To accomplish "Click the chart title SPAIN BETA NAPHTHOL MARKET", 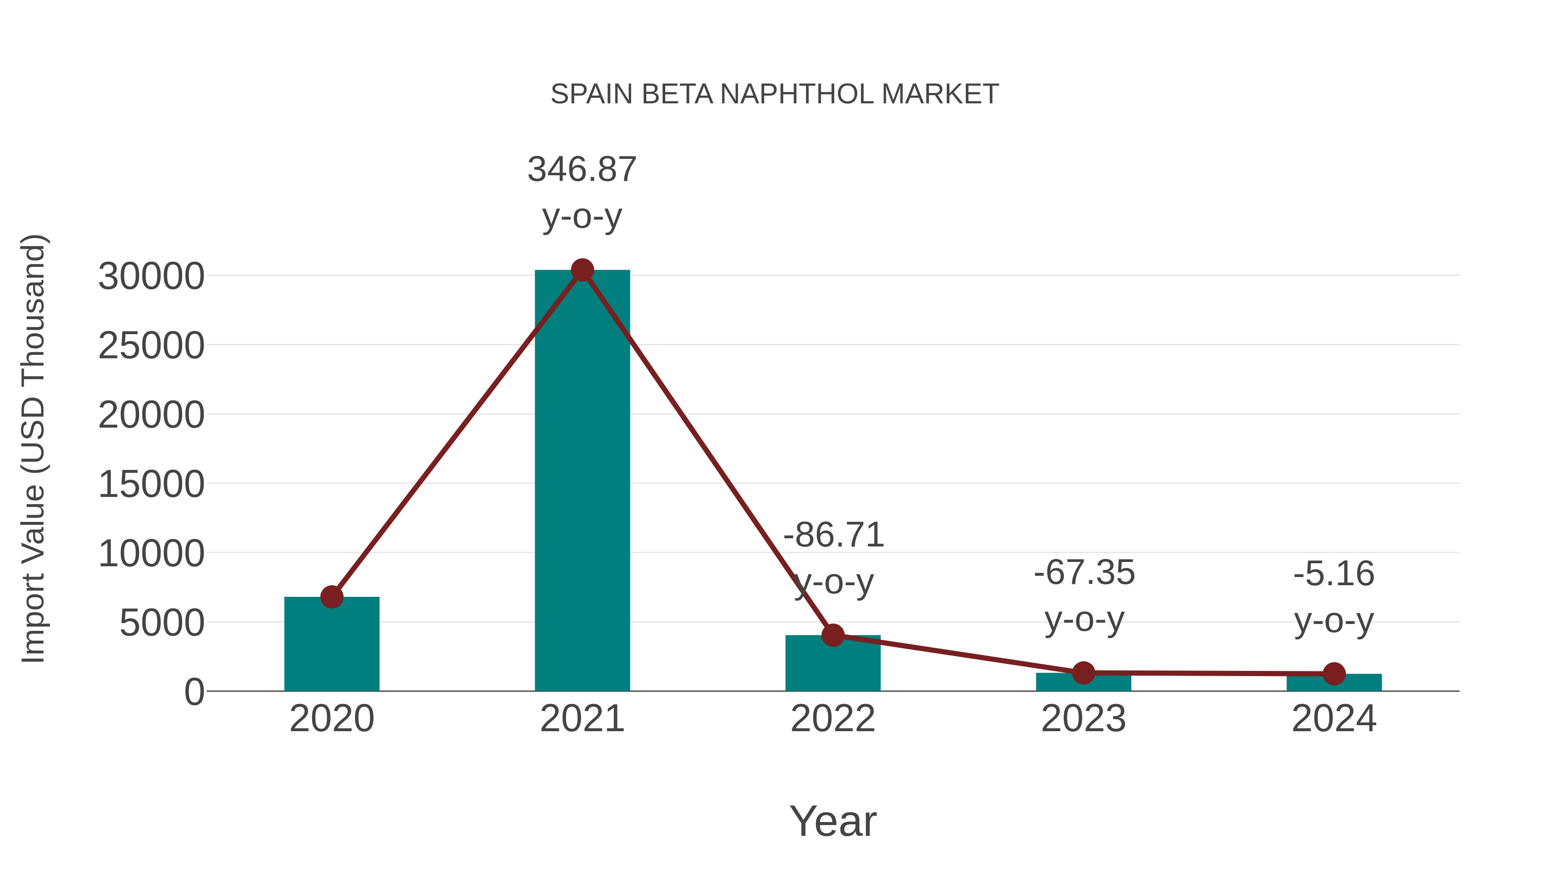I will (775, 94).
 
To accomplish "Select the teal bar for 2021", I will (582, 481).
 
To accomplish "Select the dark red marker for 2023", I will (1083, 673).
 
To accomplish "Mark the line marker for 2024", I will (1334, 674).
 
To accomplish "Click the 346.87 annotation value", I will (582, 169).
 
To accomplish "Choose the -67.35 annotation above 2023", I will (1084, 572).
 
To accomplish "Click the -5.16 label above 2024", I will (1334, 574).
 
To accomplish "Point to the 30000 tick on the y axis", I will (151, 277).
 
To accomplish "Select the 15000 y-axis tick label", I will (151, 484).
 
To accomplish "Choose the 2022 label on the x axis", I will (833, 719).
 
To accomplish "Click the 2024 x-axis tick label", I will (1334, 719).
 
